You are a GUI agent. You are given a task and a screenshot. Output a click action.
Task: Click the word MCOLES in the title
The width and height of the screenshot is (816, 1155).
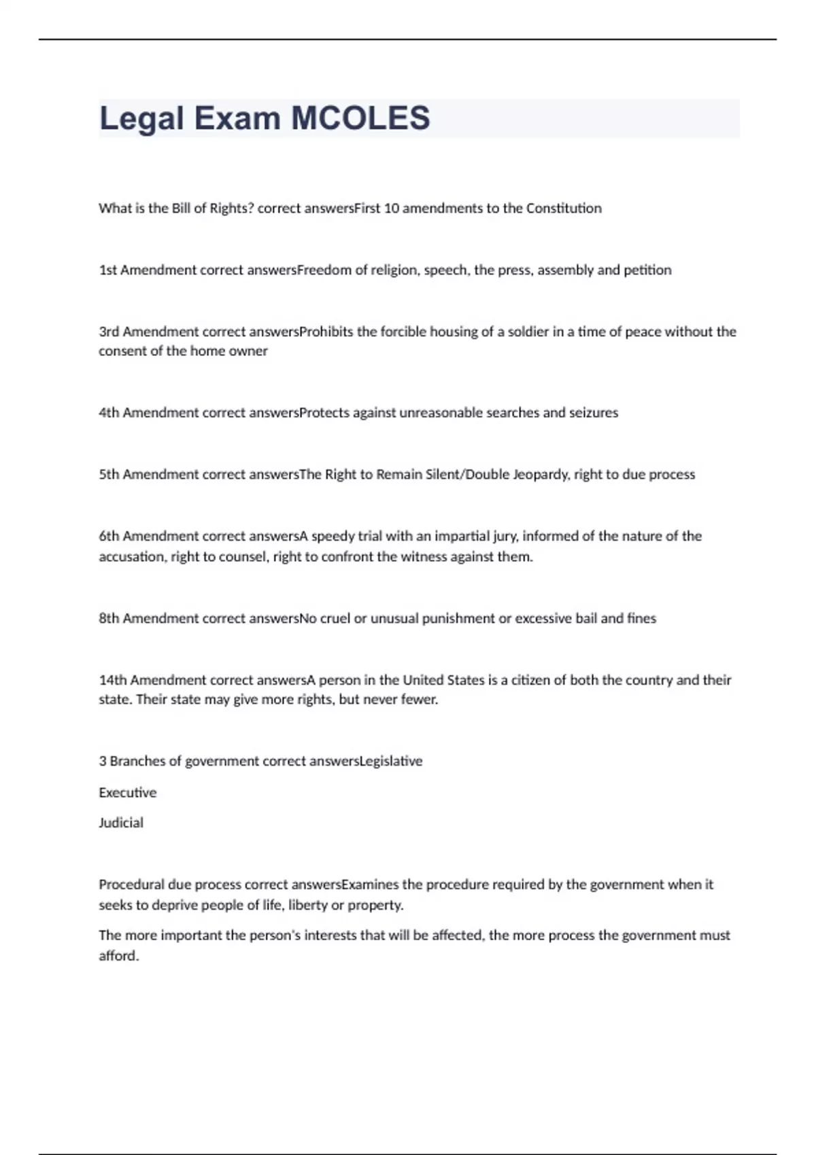(360, 118)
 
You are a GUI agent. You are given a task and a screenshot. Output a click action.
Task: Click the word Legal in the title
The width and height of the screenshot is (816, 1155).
(142, 118)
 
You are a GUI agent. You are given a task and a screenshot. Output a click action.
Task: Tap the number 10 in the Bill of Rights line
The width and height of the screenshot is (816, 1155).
(391, 209)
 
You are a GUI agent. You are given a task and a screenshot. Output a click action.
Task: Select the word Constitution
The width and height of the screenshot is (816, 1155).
(564, 209)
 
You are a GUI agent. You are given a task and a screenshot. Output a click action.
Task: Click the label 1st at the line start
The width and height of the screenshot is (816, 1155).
(108, 270)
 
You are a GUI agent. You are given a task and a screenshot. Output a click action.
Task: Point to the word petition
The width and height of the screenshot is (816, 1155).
(647, 270)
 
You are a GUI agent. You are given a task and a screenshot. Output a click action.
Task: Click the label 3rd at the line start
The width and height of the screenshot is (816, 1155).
(109, 332)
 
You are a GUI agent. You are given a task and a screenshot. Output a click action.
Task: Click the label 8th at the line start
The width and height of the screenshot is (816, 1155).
(109, 619)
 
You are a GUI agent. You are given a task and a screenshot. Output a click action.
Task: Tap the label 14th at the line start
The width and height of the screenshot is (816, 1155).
(113, 681)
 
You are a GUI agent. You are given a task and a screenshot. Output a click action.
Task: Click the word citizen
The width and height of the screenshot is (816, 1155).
(530, 681)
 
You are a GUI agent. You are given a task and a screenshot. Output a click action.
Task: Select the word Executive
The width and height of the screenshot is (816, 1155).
(128, 793)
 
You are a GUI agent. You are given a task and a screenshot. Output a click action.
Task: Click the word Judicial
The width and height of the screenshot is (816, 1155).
(121, 823)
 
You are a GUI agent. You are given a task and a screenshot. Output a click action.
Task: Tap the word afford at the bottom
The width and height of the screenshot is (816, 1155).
(118, 956)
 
